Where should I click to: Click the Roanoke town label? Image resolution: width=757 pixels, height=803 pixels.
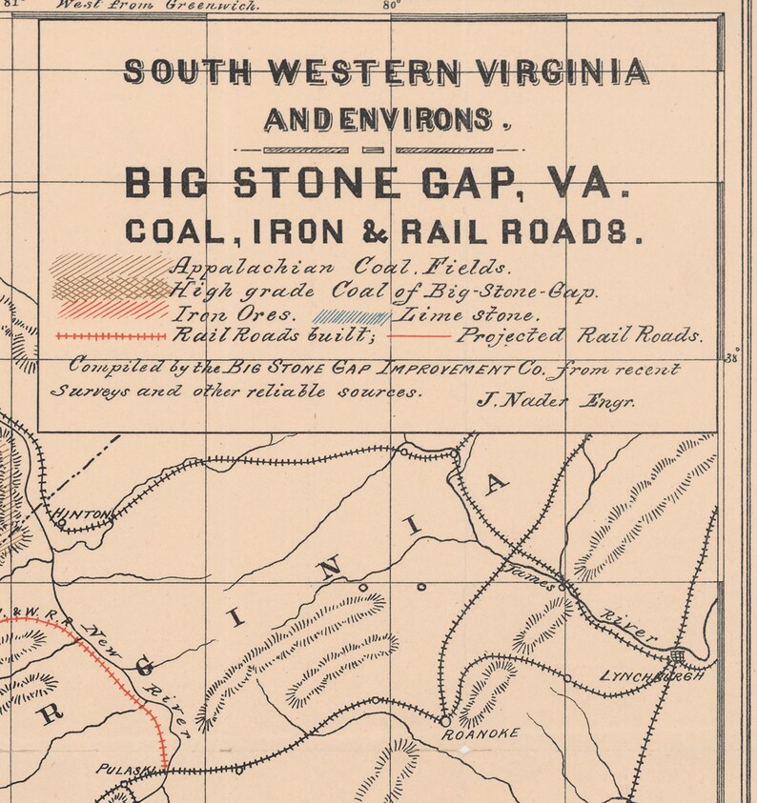[481, 733]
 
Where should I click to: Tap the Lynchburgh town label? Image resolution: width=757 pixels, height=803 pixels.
[653, 676]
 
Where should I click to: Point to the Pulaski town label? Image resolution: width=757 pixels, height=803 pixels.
[117, 768]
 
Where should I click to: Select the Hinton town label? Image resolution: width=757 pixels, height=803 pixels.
[82, 514]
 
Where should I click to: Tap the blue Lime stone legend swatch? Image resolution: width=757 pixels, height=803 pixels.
[353, 316]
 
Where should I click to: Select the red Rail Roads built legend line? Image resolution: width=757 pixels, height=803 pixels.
[111, 336]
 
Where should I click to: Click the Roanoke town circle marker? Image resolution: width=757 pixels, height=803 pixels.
[445, 720]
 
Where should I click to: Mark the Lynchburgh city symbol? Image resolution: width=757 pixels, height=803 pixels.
[677, 656]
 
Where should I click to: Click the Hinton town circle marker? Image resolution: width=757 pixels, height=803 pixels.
[61, 522]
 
